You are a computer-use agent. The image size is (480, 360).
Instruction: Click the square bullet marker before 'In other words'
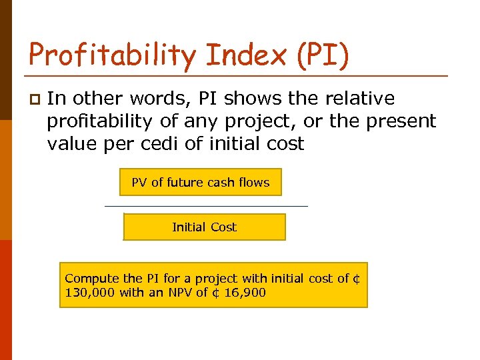pyautogui.click(x=34, y=99)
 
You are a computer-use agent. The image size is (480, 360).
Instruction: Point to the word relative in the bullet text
pyautogui.click(x=360, y=99)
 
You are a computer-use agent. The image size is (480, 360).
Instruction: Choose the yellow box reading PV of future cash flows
pyautogui.click(x=201, y=182)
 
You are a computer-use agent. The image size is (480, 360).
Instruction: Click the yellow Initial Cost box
pyautogui.click(x=204, y=227)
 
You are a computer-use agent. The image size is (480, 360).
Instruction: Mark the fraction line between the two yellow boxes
pyautogui.click(x=207, y=206)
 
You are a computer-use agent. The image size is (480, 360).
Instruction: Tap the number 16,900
pyautogui.click(x=246, y=293)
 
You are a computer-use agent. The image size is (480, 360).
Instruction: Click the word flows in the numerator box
pyautogui.click(x=255, y=182)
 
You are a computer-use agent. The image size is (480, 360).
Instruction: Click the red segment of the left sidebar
pyautogui.click(x=6, y=300)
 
